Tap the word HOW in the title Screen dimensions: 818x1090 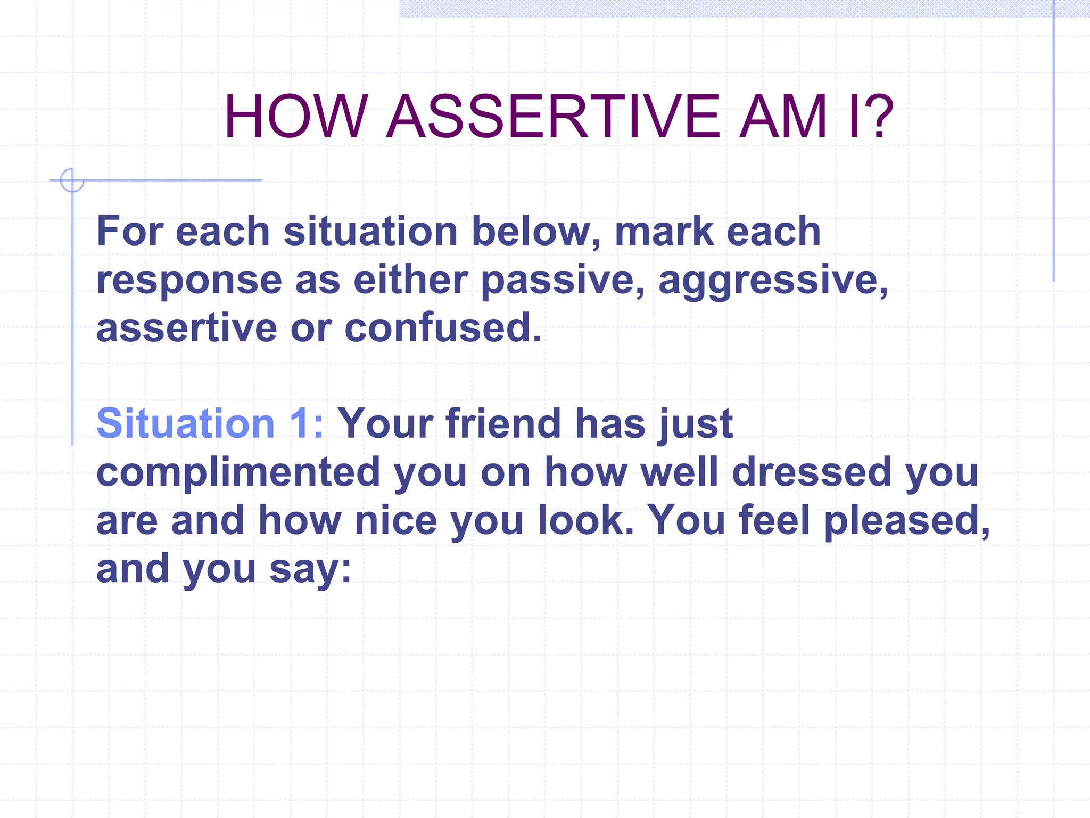(295, 117)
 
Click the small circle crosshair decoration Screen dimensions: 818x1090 (71, 180)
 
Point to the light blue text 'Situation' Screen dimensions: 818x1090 (185, 424)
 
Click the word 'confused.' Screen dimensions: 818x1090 (443, 328)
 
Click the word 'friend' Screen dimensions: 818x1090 (503, 424)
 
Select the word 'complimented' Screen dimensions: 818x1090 (238, 472)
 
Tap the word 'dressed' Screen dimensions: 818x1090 (811, 472)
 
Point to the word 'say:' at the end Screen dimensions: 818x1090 (310, 569)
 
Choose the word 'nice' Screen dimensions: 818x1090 (395, 521)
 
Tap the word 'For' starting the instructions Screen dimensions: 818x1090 (129, 232)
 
